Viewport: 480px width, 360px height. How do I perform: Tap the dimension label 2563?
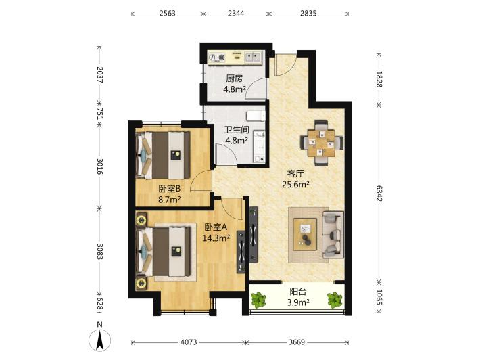coord(167,13)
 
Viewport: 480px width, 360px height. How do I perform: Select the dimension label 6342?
coord(379,194)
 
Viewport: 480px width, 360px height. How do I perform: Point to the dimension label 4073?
coord(188,342)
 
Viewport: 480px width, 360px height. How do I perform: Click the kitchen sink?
coord(254,57)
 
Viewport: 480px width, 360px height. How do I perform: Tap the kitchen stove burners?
coord(216,58)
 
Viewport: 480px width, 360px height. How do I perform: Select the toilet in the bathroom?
coord(256,116)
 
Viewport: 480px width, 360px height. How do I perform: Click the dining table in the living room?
coord(321,143)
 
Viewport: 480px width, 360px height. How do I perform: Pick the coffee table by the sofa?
coord(305,234)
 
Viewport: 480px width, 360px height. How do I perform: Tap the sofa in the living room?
coord(333,234)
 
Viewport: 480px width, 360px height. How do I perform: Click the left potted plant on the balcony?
coord(259,300)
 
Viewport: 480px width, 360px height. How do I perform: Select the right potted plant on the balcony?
coord(335,300)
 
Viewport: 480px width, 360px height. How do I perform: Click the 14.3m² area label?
coord(216,238)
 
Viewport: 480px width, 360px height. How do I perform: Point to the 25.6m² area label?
coord(295,185)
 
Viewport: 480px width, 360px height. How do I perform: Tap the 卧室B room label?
coord(169,189)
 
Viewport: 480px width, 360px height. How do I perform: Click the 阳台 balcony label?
coord(298,292)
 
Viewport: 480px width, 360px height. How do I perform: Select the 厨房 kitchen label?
coord(234,78)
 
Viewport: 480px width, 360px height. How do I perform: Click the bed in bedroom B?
coord(163,155)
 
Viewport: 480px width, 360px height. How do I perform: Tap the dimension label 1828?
coord(379,79)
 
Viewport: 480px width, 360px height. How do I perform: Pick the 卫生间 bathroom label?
coord(237,130)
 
